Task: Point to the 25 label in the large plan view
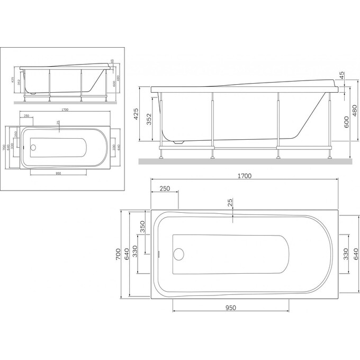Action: tap(230, 203)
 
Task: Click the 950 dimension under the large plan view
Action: tap(230, 308)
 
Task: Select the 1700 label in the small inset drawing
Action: tap(65, 110)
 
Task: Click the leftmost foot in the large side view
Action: tap(160, 156)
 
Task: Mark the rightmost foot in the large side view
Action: tap(330, 156)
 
